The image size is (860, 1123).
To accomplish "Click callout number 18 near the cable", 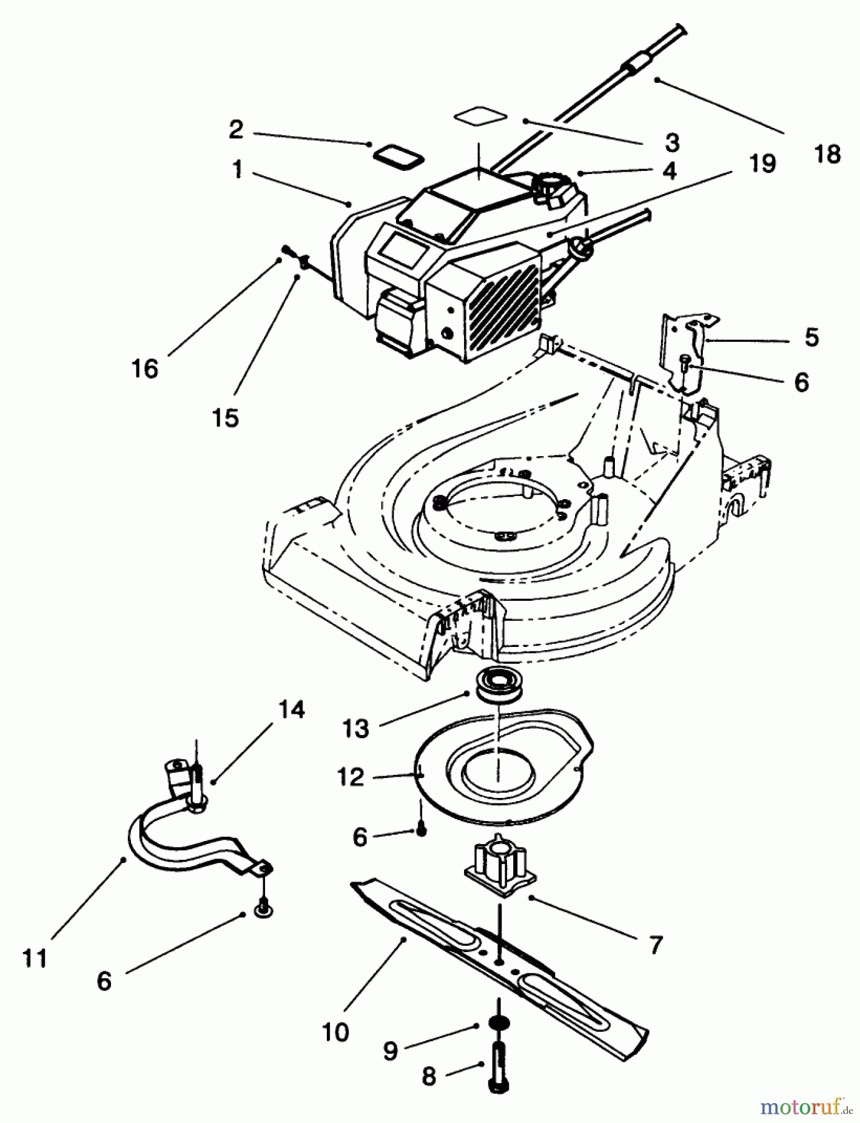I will (x=828, y=154).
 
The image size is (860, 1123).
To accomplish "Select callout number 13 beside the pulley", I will (x=356, y=728).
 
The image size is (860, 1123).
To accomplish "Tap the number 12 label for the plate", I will (x=350, y=777).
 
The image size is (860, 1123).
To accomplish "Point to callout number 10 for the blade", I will (x=336, y=1032).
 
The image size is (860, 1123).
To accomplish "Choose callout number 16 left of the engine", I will (x=145, y=369).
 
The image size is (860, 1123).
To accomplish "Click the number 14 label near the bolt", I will (x=291, y=710).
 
